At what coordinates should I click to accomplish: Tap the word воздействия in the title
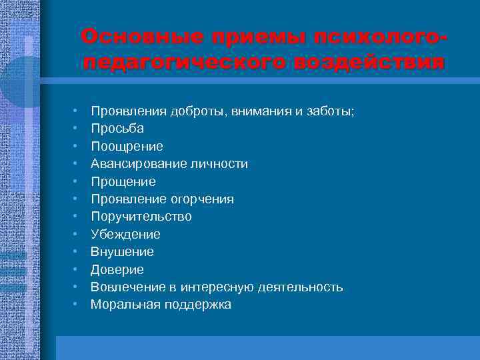pyautogui.click(x=367, y=63)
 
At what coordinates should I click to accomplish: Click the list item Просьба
pyautogui.click(x=117, y=128)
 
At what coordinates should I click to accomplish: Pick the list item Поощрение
pyautogui.click(x=127, y=146)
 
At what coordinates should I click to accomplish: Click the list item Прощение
pyautogui.click(x=123, y=181)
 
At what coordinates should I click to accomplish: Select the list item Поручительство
pyautogui.click(x=141, y=217)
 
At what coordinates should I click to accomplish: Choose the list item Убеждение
pyautogui.click(x=125, y=234)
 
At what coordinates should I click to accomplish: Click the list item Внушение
pyautogui.click(x=122, y=252)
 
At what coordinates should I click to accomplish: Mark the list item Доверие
pyautogui.click(x=117, y=269)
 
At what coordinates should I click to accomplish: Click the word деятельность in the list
pyautogui.click(x=303, y=287)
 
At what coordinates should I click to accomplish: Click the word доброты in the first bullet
pyautogui.click(x=191, y=111)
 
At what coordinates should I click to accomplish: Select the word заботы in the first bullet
pyautogui.click(x=331, y=111)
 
